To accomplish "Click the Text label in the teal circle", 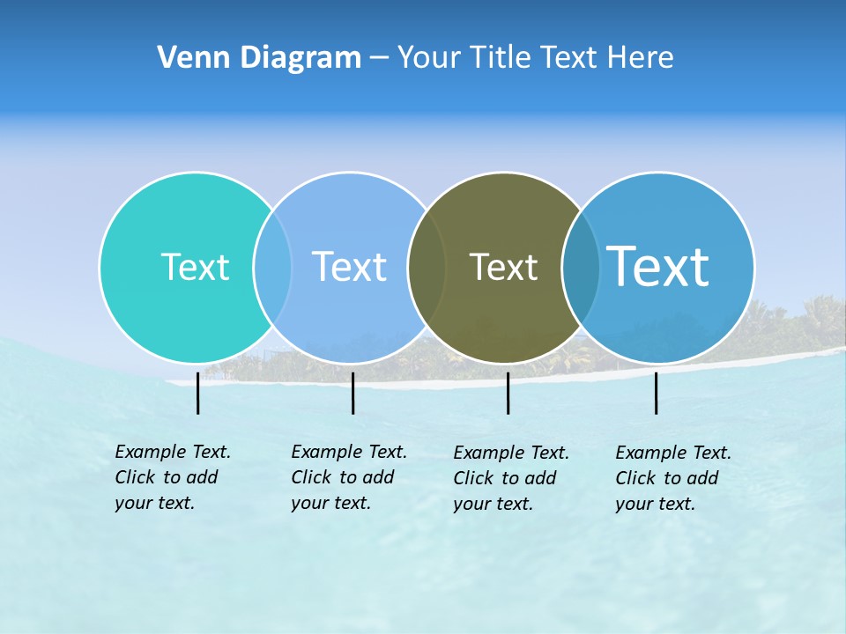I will click(195, 267).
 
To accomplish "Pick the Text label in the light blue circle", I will click(349, 267).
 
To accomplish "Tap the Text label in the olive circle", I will click(503, 267).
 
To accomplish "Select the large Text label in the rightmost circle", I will click(658, 266).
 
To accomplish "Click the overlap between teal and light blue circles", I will click(272, 267).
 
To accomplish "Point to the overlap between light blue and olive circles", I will click(427, 267).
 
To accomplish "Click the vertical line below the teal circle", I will click(198, 393).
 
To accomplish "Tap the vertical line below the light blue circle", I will click(352, 393).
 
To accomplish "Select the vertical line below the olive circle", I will click(508, 393).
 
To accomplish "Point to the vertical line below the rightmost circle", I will click(657, 393).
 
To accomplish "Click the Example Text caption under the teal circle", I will click(173, 477).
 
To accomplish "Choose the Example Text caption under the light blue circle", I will click(349, 477).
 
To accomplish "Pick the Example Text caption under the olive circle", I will click(511, 478).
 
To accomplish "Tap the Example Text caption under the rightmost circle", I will click(673, 478).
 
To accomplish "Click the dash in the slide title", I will click(379, 58).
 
